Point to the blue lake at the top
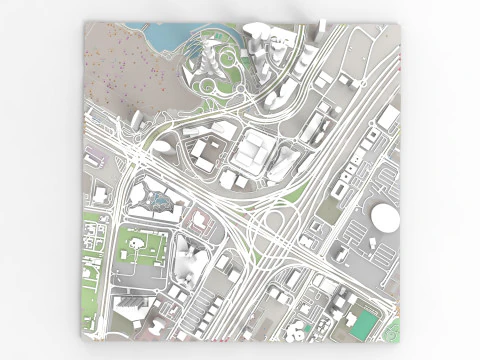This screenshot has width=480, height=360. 163,36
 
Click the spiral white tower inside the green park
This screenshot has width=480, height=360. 211,58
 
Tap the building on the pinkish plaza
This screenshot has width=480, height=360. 201,220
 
